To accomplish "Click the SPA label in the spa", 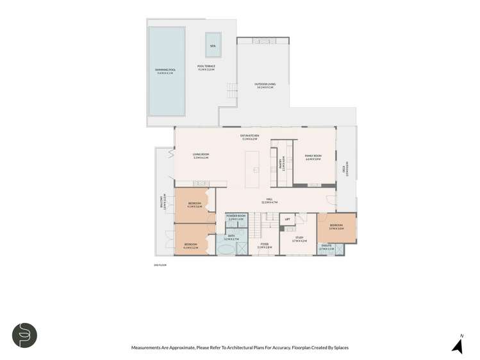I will coord(213,45).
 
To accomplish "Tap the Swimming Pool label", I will coord(165,72).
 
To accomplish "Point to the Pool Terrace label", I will coord(206,67).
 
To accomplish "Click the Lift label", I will coord(288,219).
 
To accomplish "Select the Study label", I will coord(300,240).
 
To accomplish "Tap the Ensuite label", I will coord(326,246).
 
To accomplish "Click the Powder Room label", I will coord(236,218).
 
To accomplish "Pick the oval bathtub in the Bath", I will coord(226,248).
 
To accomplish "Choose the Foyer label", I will coord(265,245).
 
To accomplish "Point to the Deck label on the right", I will coord(346,170).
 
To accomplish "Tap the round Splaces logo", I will coord(25,335).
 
